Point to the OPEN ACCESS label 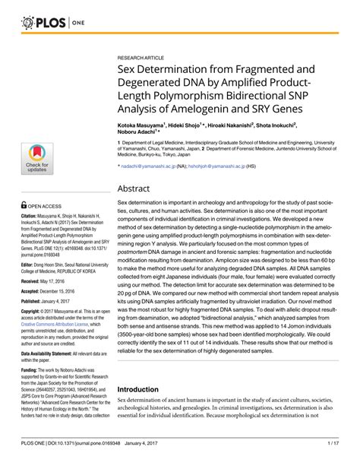click(x=47, y=184)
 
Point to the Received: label click(x=33, y=259)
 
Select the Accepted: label click(x=33, y=270)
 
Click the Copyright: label click(x=34, y=290)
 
